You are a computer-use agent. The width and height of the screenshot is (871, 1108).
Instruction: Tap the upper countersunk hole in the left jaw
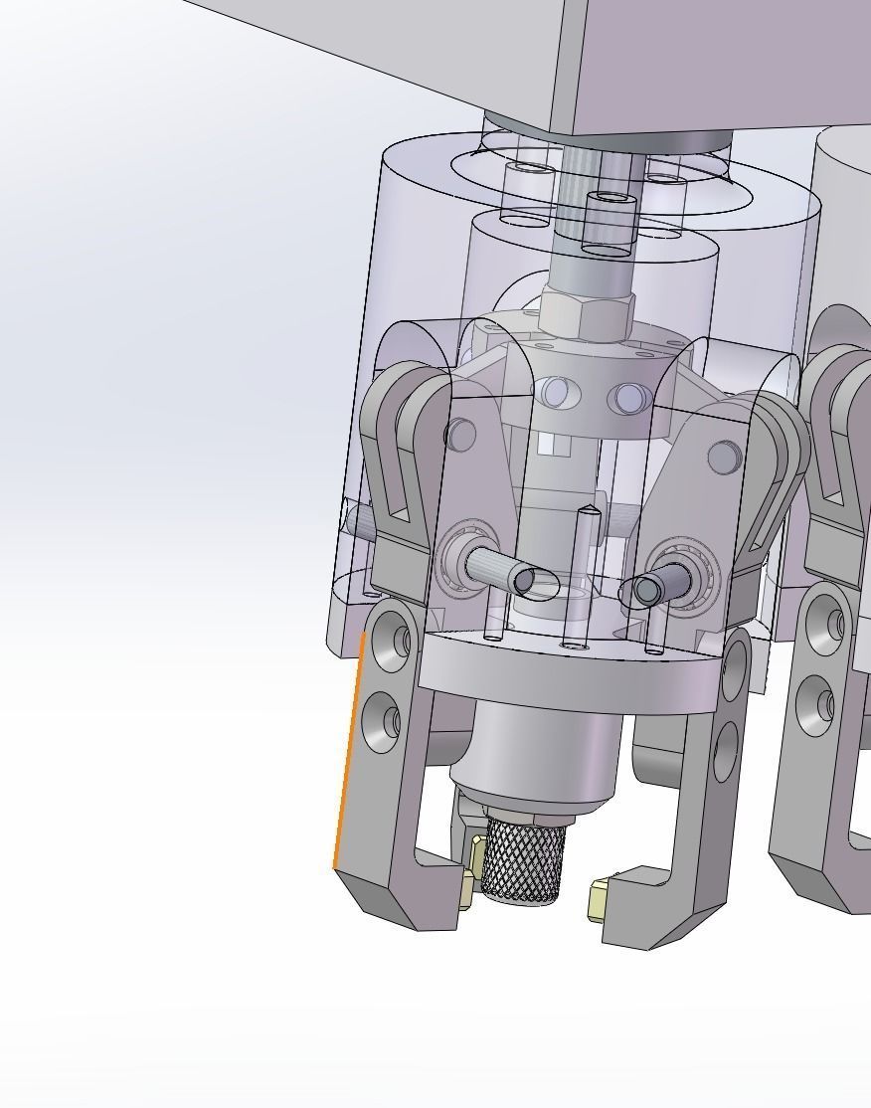(x=392, y=642)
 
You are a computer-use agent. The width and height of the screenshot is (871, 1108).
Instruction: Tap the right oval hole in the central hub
(x=630, y=399)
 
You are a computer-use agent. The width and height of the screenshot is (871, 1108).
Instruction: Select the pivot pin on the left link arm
(x=460, y=435)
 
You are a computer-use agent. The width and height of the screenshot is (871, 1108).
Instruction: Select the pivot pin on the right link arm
(x=723, y=457)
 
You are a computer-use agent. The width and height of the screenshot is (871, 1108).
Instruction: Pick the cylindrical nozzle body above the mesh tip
(x=537, y=756)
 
